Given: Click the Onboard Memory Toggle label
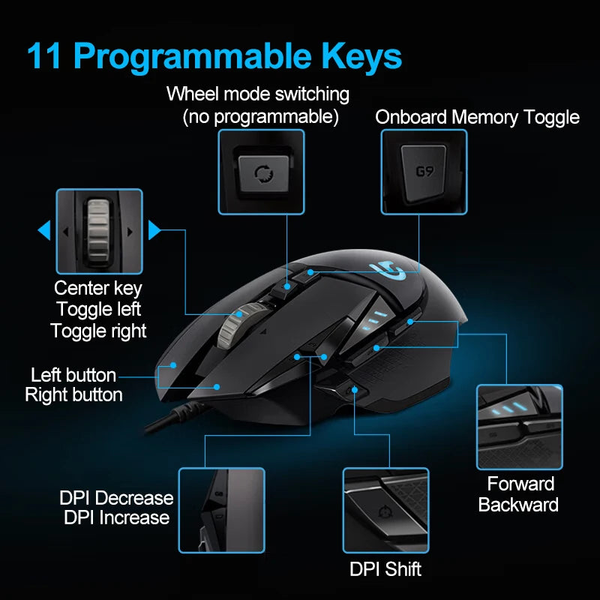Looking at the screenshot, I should point(477,118).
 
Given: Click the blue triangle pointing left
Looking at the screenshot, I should point(44,230).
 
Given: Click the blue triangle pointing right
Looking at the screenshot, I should point(154,230).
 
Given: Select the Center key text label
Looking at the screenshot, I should point(98,288).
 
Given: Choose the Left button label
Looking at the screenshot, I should point(73,375).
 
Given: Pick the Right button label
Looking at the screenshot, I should point(73,395).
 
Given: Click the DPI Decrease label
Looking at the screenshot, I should point(116,498).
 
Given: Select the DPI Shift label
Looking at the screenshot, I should point(385,568).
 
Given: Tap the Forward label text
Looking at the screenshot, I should point(520,484).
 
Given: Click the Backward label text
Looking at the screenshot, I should point(519,505).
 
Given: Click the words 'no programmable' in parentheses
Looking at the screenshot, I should point(261,117).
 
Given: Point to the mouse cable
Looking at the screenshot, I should point(169,420).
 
